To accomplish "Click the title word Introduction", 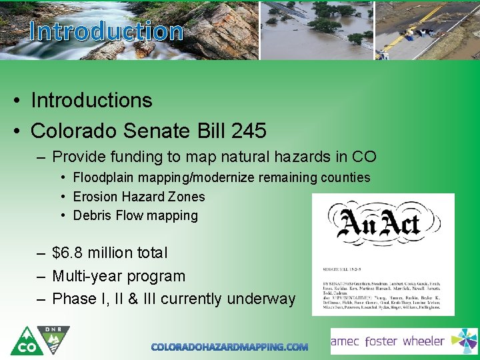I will (107, 31).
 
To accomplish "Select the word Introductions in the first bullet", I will (91, 100).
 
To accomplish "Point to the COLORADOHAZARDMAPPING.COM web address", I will (229, 347).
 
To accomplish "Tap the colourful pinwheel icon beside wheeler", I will (464, 341).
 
